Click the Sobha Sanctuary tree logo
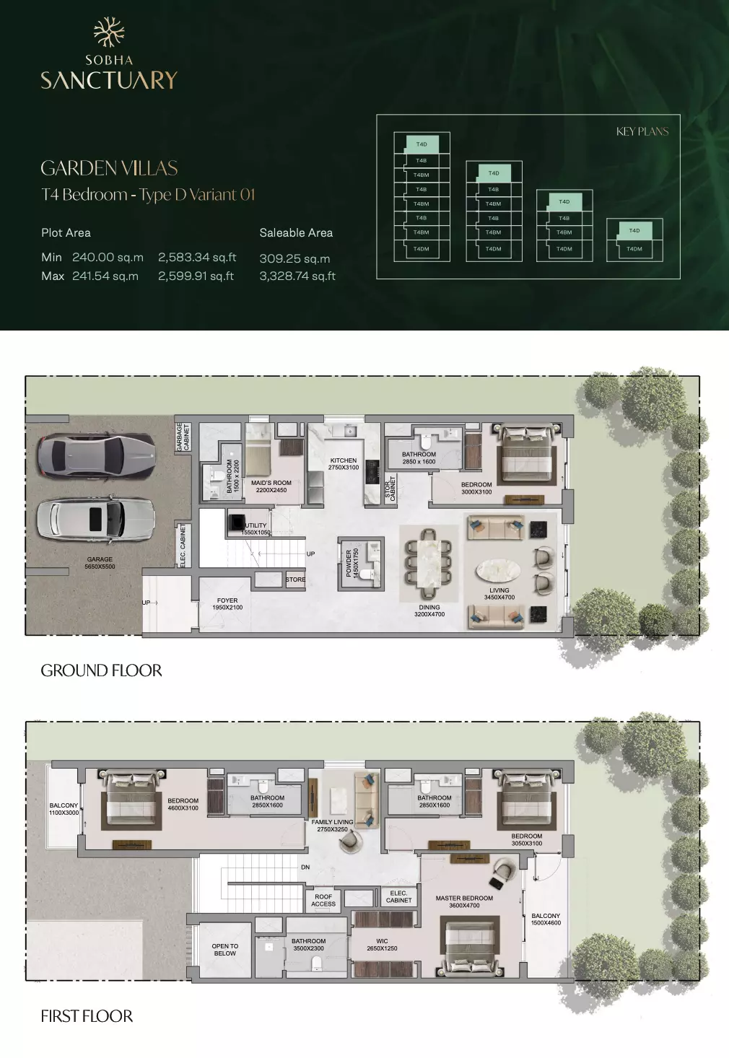109,32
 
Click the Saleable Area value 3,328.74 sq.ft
297,276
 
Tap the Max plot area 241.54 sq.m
105,276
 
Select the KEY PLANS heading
642,131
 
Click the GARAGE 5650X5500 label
100,563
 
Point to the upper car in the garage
96,455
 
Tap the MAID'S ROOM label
271,486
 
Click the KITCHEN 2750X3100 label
344,463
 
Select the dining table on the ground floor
429,562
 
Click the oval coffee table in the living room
498,571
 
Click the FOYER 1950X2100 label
227,604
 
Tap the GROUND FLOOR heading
101,670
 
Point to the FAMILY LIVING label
332,826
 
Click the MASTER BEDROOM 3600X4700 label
464,901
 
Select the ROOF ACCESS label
323,900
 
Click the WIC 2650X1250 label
382,945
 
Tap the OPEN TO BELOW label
225,950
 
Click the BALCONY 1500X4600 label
546,919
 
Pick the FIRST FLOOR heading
87,1016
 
